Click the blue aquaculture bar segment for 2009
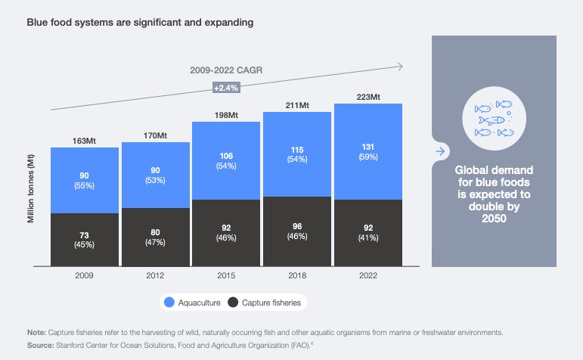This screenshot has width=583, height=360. point(84,180)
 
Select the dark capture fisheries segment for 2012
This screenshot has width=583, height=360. point(155,237)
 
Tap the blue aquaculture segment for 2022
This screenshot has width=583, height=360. point(367,151)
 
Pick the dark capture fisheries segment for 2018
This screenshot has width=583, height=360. point(296,231)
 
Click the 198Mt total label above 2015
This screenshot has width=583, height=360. point(226,113)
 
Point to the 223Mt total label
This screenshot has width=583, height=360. point(367,95)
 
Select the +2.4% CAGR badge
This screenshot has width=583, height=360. point(226,88)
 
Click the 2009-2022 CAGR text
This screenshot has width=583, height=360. point(226,71)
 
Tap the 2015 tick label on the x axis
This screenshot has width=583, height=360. point(226,277)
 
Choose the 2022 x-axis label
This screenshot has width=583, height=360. point(367,277)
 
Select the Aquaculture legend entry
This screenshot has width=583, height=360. point(195,303)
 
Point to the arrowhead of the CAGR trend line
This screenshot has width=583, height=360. point(399,67)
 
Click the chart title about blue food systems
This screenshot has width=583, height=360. point(140,22)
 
